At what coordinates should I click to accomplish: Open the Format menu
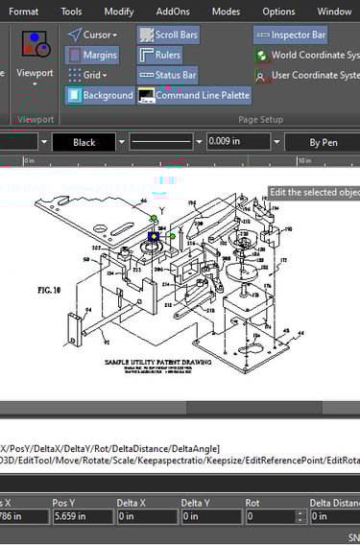(x=24, y=12)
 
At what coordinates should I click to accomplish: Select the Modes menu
(x=226, y=12)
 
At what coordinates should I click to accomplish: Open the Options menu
(x=278, y=12)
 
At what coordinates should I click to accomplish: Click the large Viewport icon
(x=36, y=47)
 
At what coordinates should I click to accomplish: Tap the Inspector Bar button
(x=291, y=35)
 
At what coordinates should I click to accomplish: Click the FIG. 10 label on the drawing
(x=51, y=288)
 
